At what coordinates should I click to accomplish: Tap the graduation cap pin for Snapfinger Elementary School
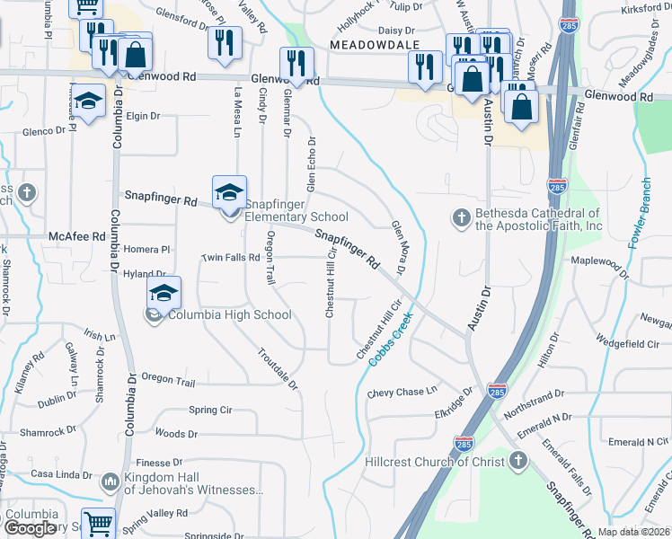click(x=229, y=193)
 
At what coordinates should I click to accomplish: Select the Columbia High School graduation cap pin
click(x=164, y=294)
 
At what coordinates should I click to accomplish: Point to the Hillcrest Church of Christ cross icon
click(x=517, y=461)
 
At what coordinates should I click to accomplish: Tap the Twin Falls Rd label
click(x=229, y=257)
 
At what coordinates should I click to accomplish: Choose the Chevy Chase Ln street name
click(x=402, y=392)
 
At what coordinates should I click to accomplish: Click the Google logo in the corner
click(x=30, y=528)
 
